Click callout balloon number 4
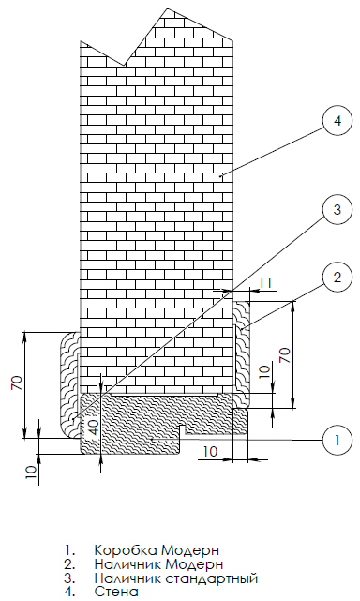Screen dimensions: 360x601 337,121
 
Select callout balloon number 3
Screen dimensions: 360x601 337,209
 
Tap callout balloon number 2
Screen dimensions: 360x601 337,278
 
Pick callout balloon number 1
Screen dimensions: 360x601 337,440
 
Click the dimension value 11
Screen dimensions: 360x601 265,283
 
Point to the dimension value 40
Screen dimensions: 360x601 94,426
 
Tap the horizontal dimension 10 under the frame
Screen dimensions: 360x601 211,452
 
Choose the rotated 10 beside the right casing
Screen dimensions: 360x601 264,372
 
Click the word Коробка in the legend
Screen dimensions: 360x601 126,550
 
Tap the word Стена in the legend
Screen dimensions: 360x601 116,592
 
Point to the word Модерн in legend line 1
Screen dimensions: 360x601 190,551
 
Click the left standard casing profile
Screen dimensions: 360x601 69,385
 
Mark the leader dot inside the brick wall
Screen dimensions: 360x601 220,176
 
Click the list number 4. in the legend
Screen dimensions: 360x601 69,592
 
